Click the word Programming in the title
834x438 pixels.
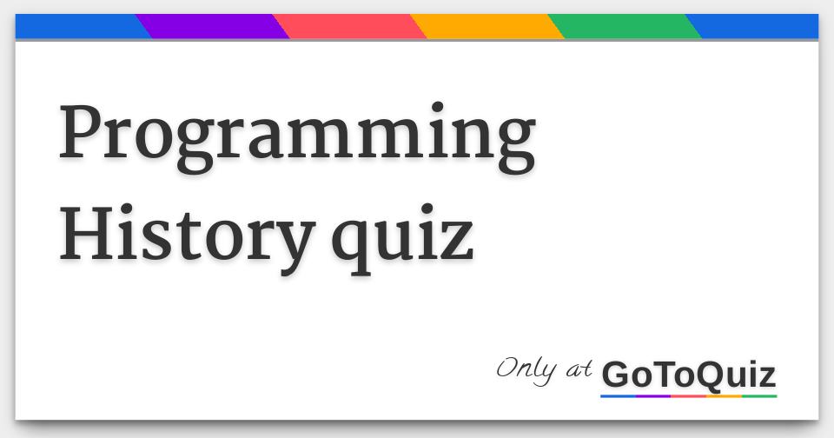[x=296, y=137]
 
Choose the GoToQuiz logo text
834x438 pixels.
[x=688, y=375]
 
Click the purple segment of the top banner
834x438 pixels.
[x=213, y=26]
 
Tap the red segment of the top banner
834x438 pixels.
[x=350, y=26]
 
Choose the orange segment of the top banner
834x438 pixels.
[x=487, y=26]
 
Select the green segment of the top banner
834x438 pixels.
[x=625, y=26]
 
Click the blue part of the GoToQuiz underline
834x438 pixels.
[x=618, y=396]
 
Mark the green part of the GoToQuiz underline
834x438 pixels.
[x=759, y=396]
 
